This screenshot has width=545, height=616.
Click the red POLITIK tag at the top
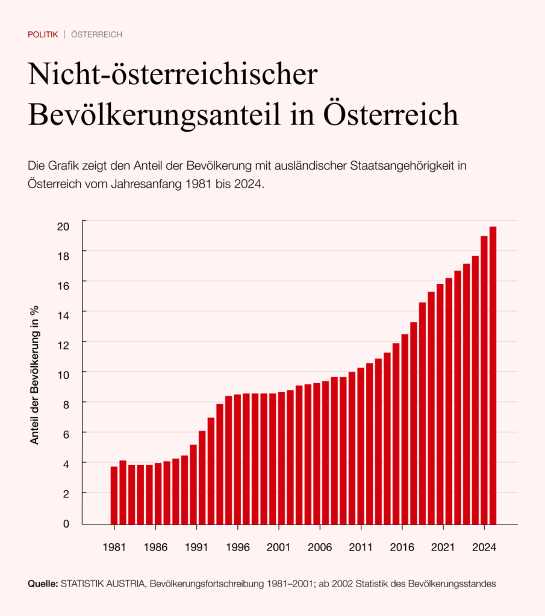coord(43,34)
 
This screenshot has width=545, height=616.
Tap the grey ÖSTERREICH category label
coord(96,34)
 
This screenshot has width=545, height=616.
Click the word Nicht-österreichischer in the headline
coord(172,77)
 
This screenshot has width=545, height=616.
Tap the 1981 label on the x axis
coord(114,548)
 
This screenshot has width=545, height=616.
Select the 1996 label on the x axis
coord(237,548)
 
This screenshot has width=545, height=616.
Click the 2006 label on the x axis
coord(320,548)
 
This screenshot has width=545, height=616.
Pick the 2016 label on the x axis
coord(402,548)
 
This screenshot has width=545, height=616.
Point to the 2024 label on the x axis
coord(484,548)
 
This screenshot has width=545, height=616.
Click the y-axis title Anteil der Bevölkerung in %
coord(35,374)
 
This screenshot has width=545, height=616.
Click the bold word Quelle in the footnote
coord(43,584)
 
